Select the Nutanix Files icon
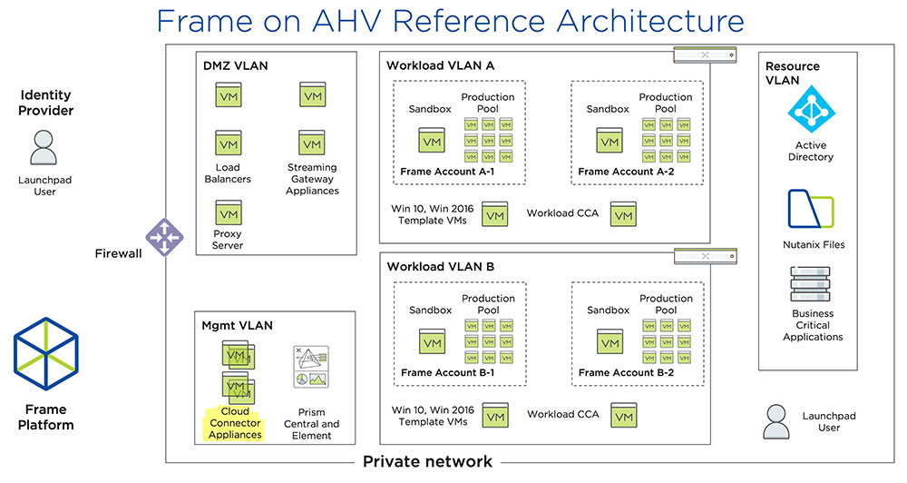click(x=811, y=210)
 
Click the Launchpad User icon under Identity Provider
click(x=44, y=147)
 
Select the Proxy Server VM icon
click(x=228, y=214)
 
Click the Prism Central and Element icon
click(x=310, y=368)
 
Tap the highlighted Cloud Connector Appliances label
click(x=235, y=423)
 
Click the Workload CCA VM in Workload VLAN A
click(x=623, y=214)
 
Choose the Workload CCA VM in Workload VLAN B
click(x=623, y=415)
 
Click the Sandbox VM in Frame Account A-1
click(x=431, y=140)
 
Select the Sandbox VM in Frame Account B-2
click(x=609, y=341)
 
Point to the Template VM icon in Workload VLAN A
click(x=494, y=214)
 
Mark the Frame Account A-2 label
click(x=625, y=171)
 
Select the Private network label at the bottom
click(x=427, y=461)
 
